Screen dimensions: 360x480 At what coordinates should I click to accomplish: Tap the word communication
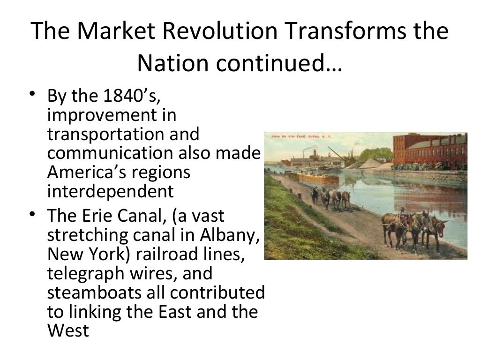(112, 153)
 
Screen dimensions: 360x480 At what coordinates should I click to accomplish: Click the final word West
(68, 330)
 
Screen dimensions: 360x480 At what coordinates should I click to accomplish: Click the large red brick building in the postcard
(429, 150)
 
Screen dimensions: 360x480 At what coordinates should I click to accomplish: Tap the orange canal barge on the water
(319, 178)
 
